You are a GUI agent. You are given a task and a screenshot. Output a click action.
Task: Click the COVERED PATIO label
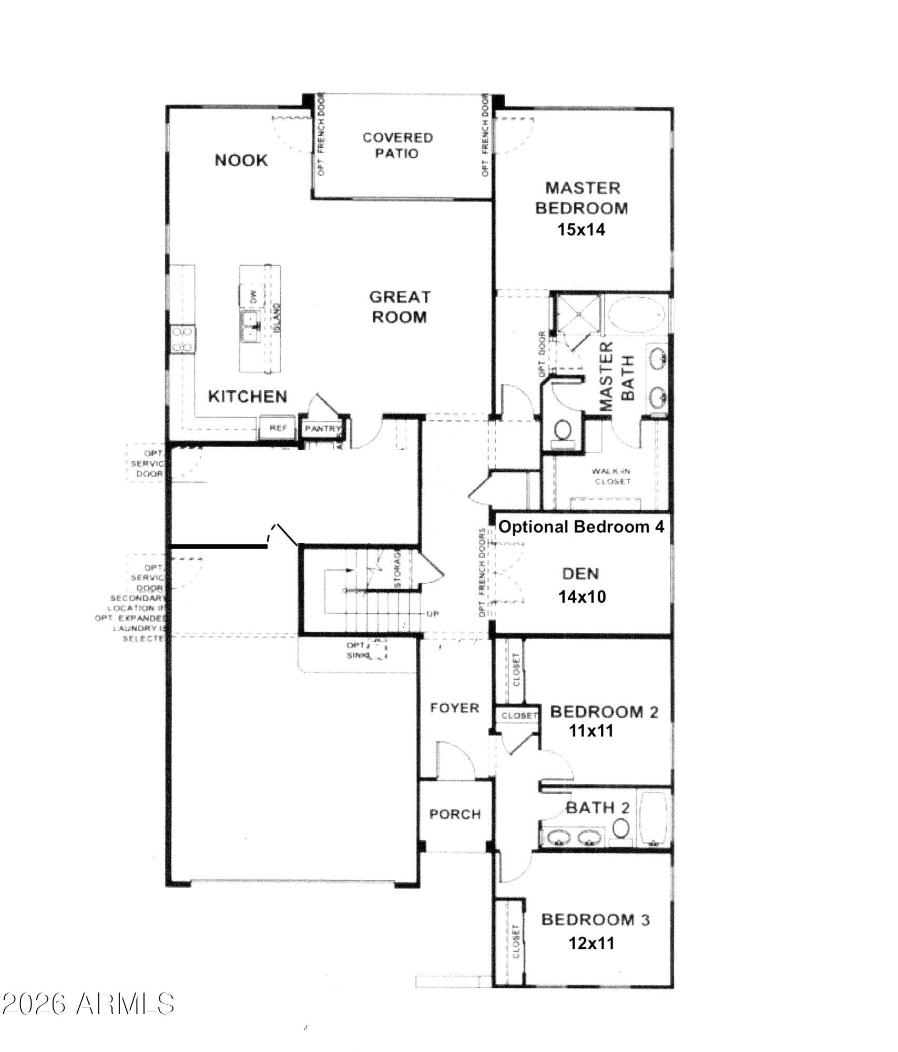coord(397,146)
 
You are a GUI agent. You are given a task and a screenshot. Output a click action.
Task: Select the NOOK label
coord(241,160)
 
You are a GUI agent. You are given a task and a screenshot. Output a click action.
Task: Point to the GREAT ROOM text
coord(400,307)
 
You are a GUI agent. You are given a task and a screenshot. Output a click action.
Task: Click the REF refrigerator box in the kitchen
coord(278,428)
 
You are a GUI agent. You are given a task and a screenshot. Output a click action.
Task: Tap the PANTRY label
coord(323,429)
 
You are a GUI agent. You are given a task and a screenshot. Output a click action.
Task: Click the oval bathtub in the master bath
coord(637,313)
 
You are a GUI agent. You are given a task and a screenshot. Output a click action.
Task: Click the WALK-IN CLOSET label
coord(611,477)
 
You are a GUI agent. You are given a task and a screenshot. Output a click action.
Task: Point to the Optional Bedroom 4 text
coord(581,527)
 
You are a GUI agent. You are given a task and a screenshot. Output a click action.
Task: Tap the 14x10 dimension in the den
coord(581,596)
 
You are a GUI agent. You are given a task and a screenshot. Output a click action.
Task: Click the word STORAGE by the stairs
coord(398,569)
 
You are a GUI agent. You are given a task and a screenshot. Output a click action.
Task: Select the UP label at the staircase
coord(433,614)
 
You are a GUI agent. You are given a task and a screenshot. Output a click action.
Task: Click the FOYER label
coord(455,708)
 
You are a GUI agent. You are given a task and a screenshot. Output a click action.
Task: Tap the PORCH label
coord(455,814)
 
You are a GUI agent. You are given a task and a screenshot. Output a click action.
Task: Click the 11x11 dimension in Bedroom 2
coord(591,731)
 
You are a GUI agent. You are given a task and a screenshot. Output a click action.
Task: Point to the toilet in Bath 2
coord(621,828)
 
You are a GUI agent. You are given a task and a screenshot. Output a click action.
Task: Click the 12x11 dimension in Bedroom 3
coord(591,943)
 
